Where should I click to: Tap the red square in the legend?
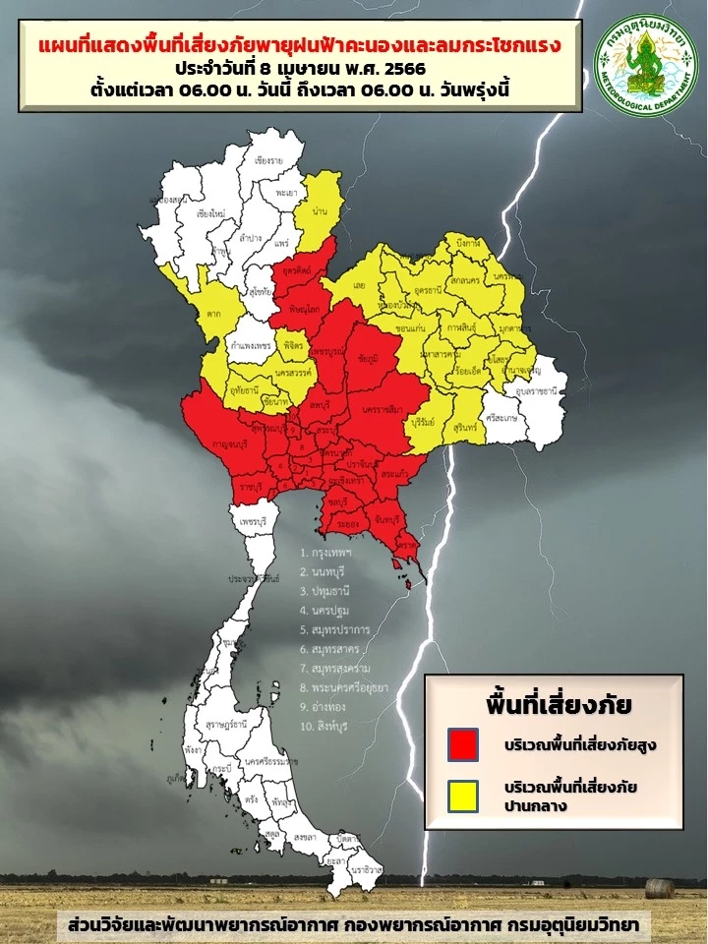(x=461, y=743)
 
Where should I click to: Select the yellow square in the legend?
(x=461, y=796)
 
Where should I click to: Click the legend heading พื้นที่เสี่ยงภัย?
(x=558, y=704)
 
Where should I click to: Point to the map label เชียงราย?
(x=268, y=160)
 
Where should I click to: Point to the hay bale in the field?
(x=660, y=888)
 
